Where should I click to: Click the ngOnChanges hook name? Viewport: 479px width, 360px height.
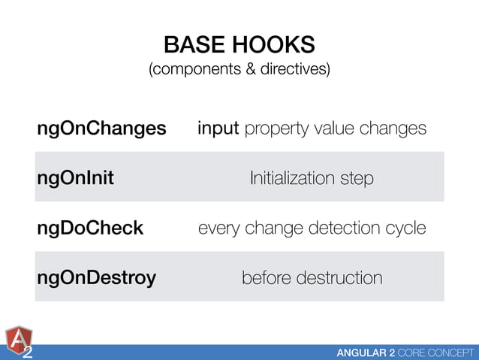pos(101,129)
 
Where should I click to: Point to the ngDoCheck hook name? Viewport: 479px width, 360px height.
pos(89,228)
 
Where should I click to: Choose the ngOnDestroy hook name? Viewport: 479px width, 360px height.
pos(96,278)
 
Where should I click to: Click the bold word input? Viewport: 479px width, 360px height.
pos(218,129)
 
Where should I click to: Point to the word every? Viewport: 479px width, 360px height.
pos(219,228)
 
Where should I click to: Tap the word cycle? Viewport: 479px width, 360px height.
pos(407,228)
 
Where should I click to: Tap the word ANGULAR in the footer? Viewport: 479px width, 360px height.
pos(363,352)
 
